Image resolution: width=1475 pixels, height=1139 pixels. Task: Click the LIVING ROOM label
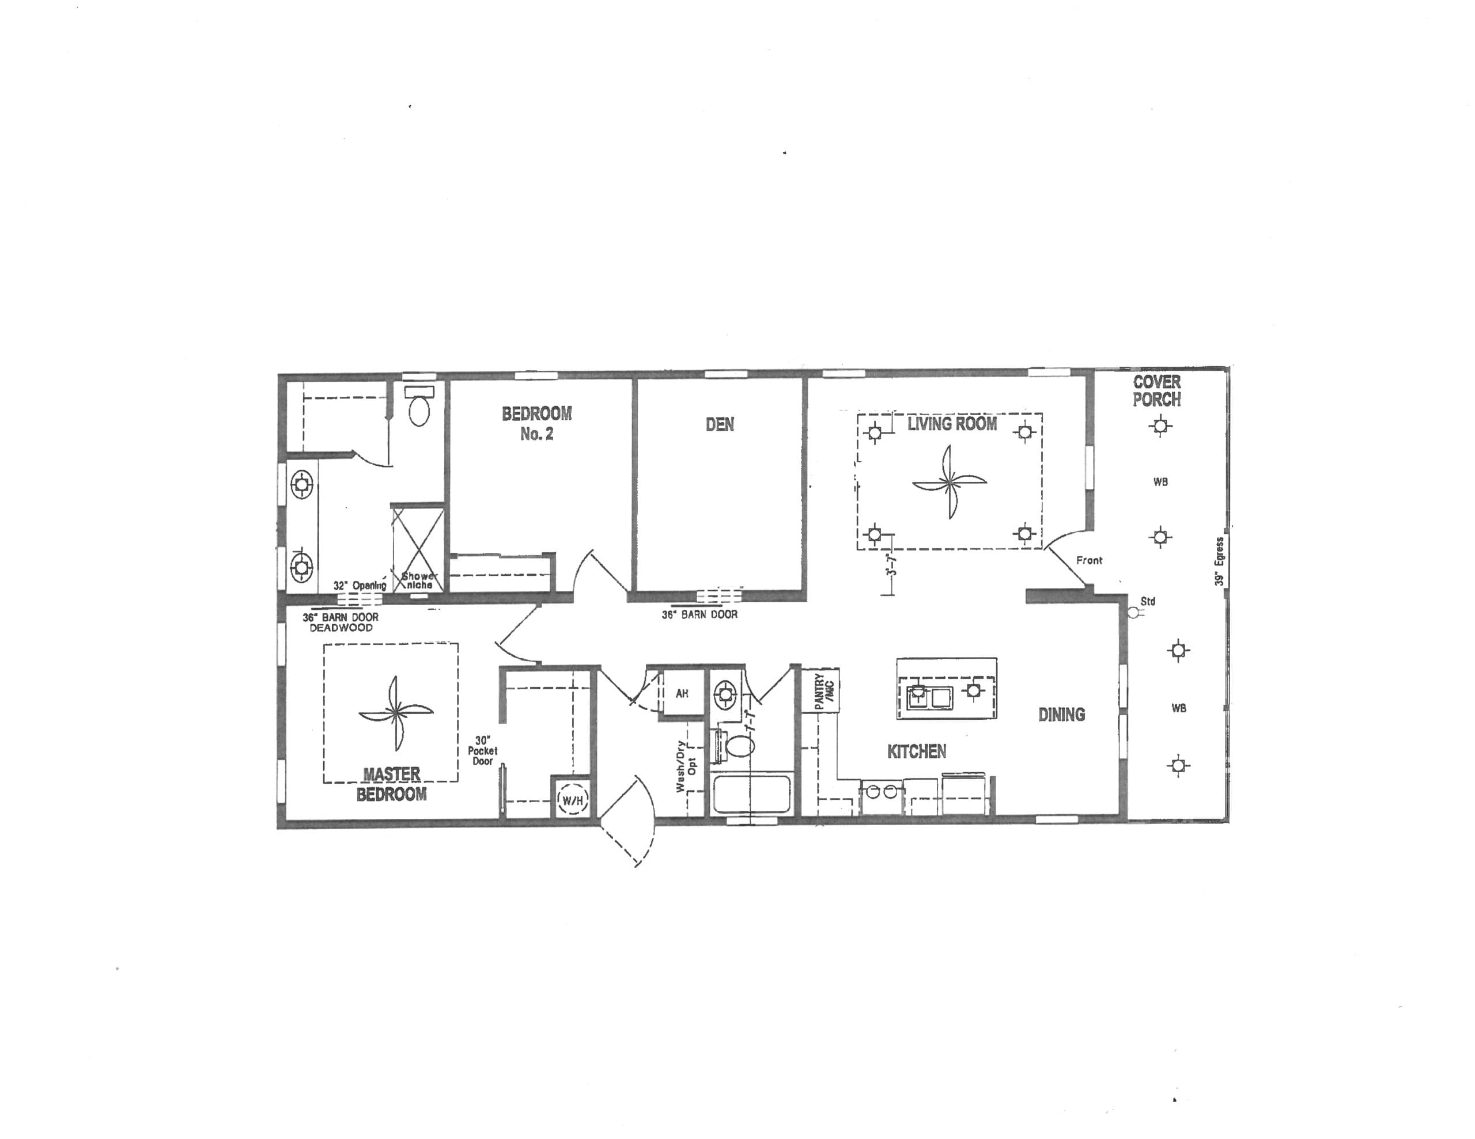(x=952, y=424)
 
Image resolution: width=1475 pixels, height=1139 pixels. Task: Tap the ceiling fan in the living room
(x=949, y=482)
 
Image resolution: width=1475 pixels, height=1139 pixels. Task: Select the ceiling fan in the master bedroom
(x=395, y=713)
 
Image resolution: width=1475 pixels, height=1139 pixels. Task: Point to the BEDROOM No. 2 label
(x=536, y=423)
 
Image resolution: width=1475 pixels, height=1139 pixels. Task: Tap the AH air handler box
(x=682, y=693)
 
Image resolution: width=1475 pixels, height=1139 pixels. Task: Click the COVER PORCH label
(x=1157, y=391)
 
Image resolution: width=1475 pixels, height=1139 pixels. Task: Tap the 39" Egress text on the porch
(x=1219, y=561)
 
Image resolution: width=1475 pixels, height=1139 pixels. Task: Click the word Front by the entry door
(x=1089, y=560)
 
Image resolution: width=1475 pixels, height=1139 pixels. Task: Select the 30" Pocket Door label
(x=482, y=751)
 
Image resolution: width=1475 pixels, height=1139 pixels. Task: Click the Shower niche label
(x=419, y=580)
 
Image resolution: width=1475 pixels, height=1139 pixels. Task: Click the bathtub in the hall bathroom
(x=751, y=795)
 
